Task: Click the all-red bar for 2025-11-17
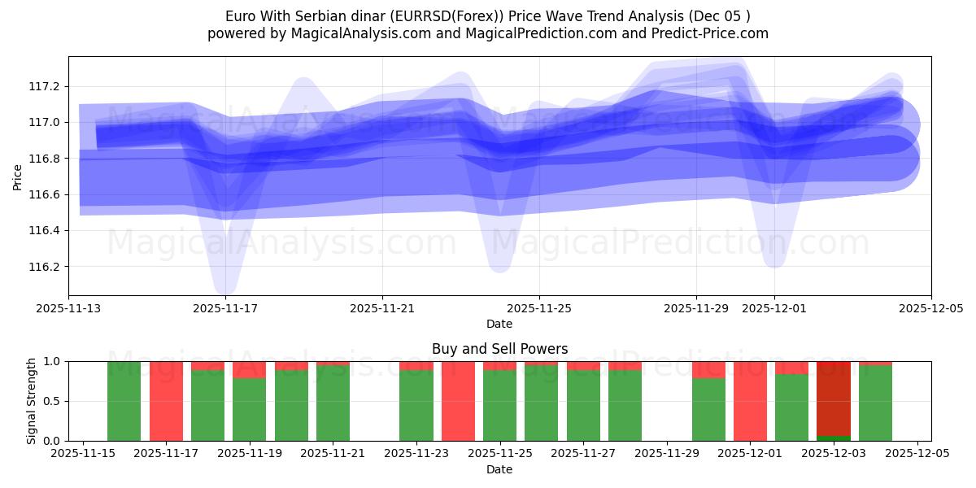tap(166, 401)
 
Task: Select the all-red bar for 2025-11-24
tap(458, 401)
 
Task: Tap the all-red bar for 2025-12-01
tap(750, 401)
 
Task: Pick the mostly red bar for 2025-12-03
tap(833, 399)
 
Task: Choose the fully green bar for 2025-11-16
tap(124, 401)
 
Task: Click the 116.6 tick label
tap(44, 194)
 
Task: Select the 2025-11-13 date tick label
tap(68, 309)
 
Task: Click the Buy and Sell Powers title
tap(499, 349)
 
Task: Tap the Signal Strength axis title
tap(32, 401)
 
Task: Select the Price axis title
tap(18, 176)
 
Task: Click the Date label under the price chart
tap(499, 324)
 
